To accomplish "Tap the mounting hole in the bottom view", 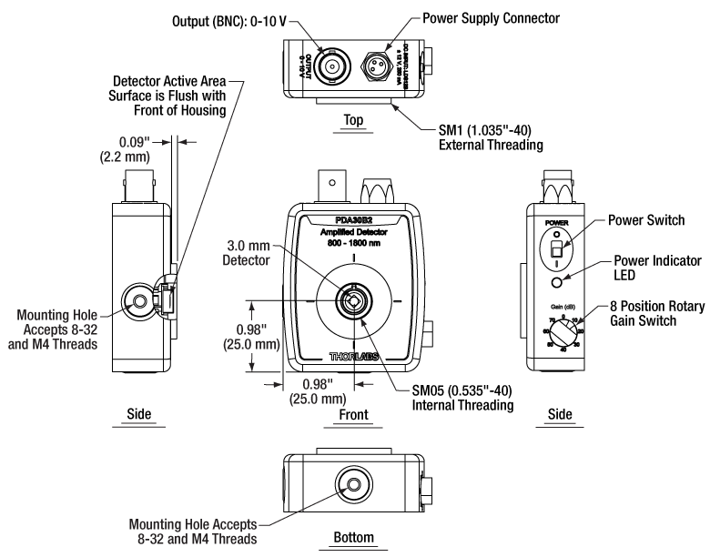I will pyautogui.click(x=350, y=483).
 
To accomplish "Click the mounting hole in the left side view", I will pyautogui.click(x=140, y=300).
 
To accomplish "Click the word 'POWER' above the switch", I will pyautogui.click(x=554, y=221).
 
